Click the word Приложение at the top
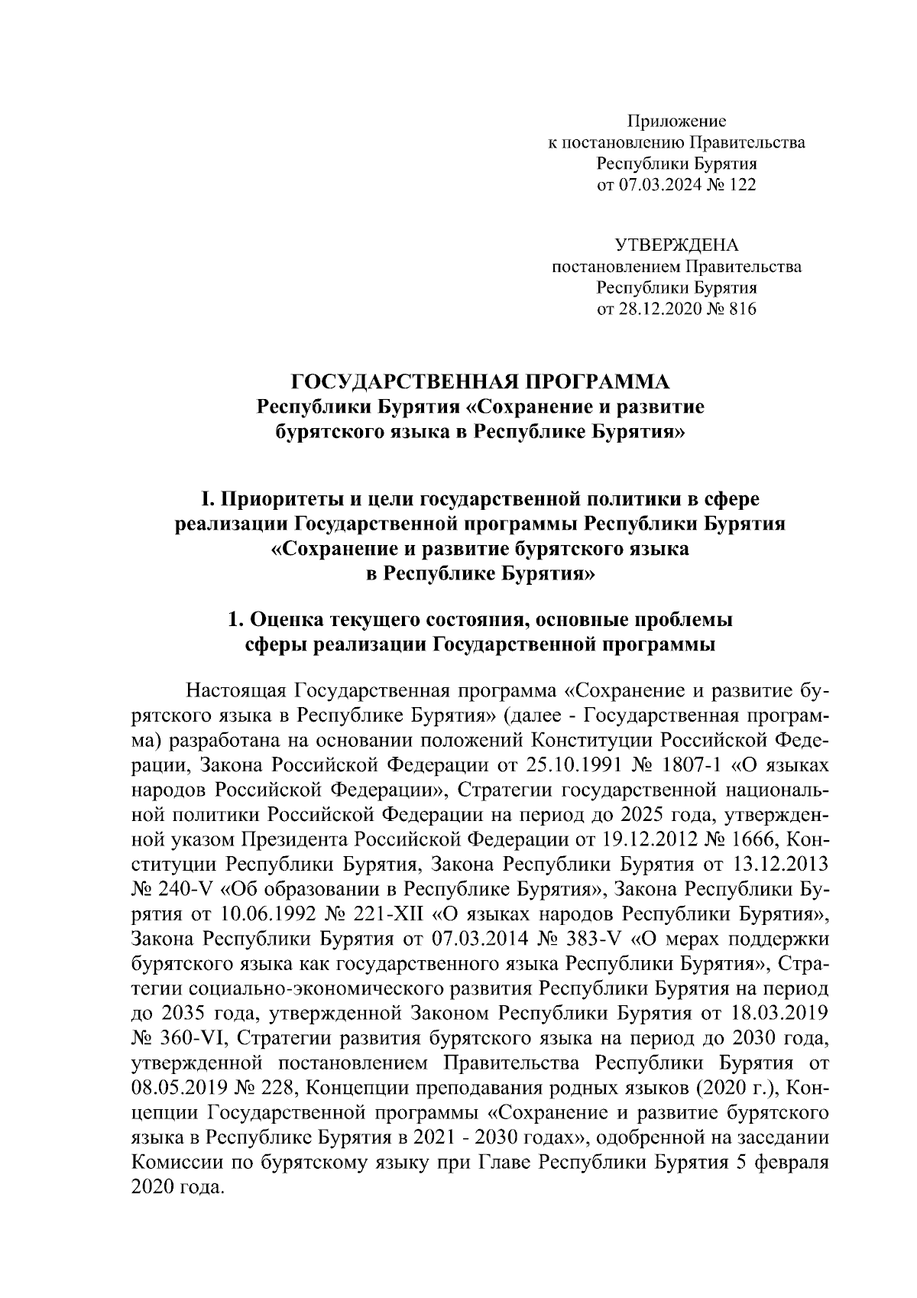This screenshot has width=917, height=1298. point(676,121)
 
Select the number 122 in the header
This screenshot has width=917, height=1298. point(741,185)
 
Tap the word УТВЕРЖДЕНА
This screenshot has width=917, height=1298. point(677,246)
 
